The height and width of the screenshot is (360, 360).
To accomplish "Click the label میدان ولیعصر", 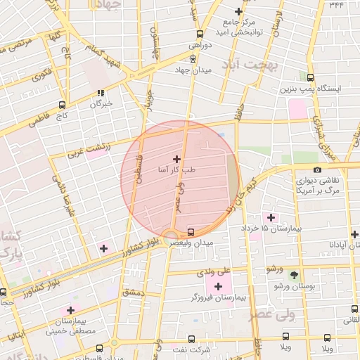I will pyautogui.click(x=189, y=243).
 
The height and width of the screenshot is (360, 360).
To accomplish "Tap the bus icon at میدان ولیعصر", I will pyautogui.click(x=191, y=232).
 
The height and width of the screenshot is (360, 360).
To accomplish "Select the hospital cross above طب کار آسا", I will pyautogui.click(x=176, y=160).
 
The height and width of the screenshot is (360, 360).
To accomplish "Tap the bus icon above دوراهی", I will pyautogui.click(x=200, y=34).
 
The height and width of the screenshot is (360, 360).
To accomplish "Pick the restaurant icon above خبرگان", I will pyautogui.click(x=102, y=92).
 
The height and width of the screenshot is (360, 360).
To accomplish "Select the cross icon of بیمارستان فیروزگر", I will pyautogui.click(x=218, y=286).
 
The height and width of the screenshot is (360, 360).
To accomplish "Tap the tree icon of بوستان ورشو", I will pyautogui.click(x=294, y=276).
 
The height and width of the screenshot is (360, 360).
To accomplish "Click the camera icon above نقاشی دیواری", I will pyautogui.click(x=319, y=170).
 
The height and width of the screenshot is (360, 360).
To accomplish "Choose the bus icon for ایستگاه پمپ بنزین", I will pyautogui.click(x=310, y=79).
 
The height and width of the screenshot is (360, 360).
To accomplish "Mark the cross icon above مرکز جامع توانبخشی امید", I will pyautogui.click(x=239, y=11).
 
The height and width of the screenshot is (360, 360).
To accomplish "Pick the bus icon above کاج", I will pyautogui.click(x=63, y=102).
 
